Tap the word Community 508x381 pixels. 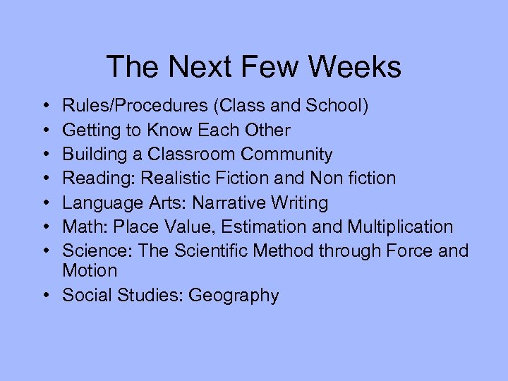click(286, 155)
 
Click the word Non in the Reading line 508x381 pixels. click(309, 179)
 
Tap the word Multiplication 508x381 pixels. click(400, 227)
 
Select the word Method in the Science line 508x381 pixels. click(300, 251)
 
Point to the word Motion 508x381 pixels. click(90, 271)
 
